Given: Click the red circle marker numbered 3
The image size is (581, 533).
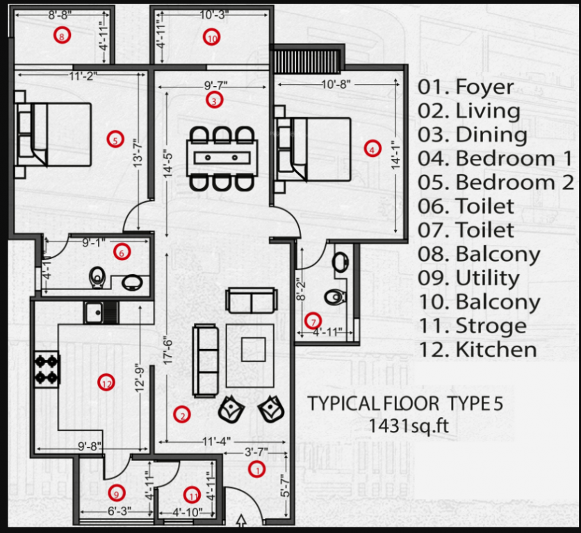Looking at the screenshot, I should [215, 101].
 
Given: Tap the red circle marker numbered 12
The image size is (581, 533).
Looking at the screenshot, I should [106, 382].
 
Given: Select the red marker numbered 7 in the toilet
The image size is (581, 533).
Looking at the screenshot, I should [313, 321].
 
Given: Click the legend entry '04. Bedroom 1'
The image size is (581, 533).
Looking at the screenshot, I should [495, 158].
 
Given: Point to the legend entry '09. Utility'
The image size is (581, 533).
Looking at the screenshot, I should [468, 278].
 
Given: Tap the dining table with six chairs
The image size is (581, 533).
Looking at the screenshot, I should [222, 158].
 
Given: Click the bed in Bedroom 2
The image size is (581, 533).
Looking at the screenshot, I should [54, 135].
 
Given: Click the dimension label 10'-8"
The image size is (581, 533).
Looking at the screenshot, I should [336, 84].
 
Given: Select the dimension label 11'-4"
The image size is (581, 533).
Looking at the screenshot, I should [216, 440].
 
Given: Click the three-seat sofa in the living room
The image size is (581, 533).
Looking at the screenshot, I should [206, 359].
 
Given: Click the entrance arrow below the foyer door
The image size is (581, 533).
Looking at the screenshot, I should [242, 521].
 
